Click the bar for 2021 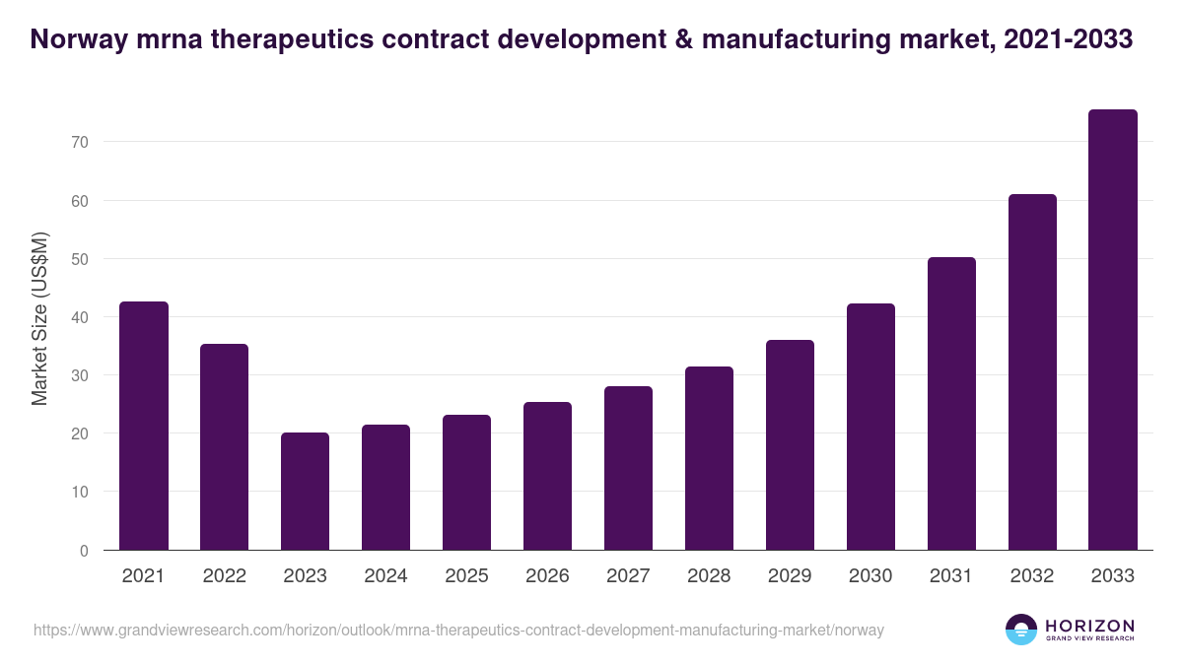143,426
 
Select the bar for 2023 305,491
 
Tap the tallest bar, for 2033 1113,330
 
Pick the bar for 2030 870,427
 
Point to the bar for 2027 628,468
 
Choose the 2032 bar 1032,372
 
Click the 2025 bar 466,482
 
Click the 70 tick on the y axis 80,142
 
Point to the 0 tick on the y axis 84,551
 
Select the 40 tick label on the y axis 80,317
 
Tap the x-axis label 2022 224,576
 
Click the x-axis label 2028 709,576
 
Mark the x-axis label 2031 951,576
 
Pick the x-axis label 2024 385,576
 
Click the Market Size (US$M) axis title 39,318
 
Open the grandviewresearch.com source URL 458,630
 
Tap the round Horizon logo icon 1021,630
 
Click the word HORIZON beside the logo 1089,625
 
